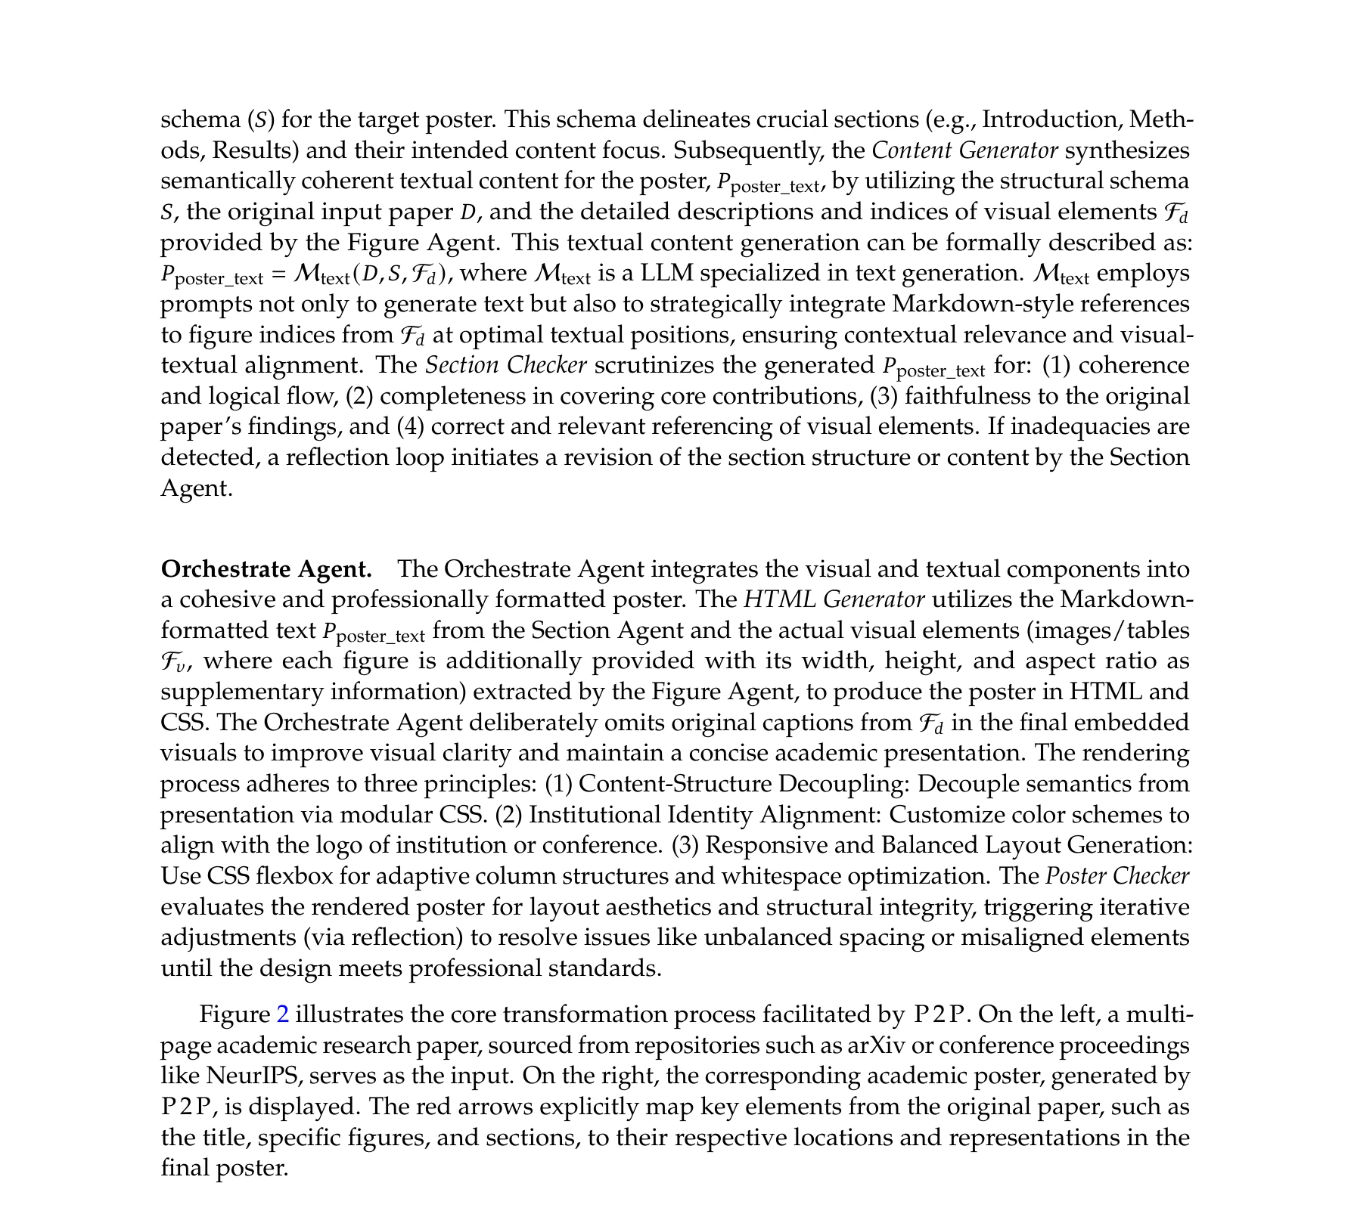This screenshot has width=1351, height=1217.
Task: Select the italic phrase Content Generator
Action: tap(964, 150)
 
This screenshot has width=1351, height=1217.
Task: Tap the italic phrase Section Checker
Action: tap(505, 365)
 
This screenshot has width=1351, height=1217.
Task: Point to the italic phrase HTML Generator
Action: tap(834, 599)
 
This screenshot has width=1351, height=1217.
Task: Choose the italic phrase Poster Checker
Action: tap(1117, 876)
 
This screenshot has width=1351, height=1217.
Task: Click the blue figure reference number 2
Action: tap(284, 1014)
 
